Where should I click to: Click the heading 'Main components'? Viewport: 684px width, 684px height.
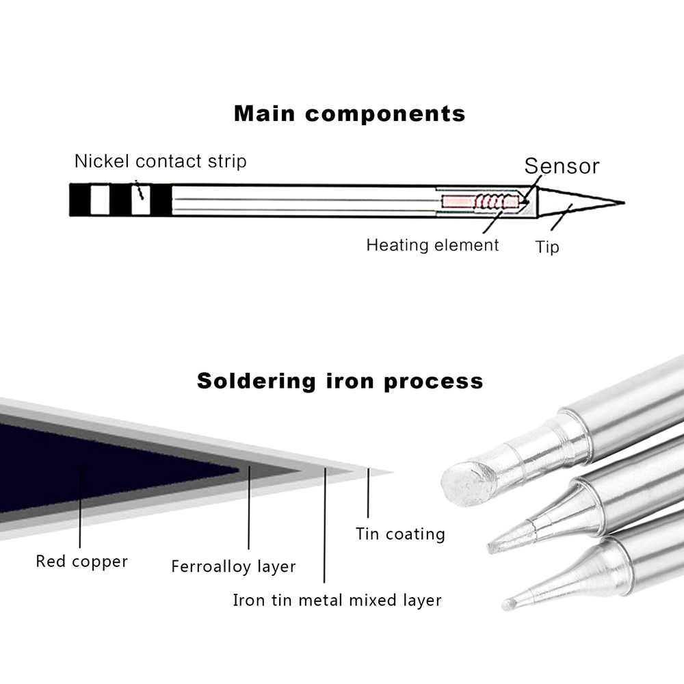tap(350, 114)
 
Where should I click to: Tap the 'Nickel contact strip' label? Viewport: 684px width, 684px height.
tap(160, 162)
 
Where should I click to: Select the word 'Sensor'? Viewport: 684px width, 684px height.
tap(562, 166)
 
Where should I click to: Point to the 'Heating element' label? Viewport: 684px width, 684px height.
tap(432, 245)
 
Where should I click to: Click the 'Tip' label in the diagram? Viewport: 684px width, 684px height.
tap(547, 246)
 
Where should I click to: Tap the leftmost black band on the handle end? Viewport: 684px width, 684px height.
tap(80, 200)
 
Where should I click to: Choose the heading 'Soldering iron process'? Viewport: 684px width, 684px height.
tap(340, 381)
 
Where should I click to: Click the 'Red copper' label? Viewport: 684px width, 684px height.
tap(81, 562)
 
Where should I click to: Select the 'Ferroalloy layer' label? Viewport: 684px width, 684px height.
tap(233, 567)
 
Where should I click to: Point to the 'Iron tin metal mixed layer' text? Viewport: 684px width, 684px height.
tap(337, 601)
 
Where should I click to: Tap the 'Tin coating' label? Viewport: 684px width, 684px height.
tap(400, 534)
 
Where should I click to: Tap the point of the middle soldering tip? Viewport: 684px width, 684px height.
tap(492, 547)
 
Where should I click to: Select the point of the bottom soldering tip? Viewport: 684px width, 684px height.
tap(507, 605)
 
